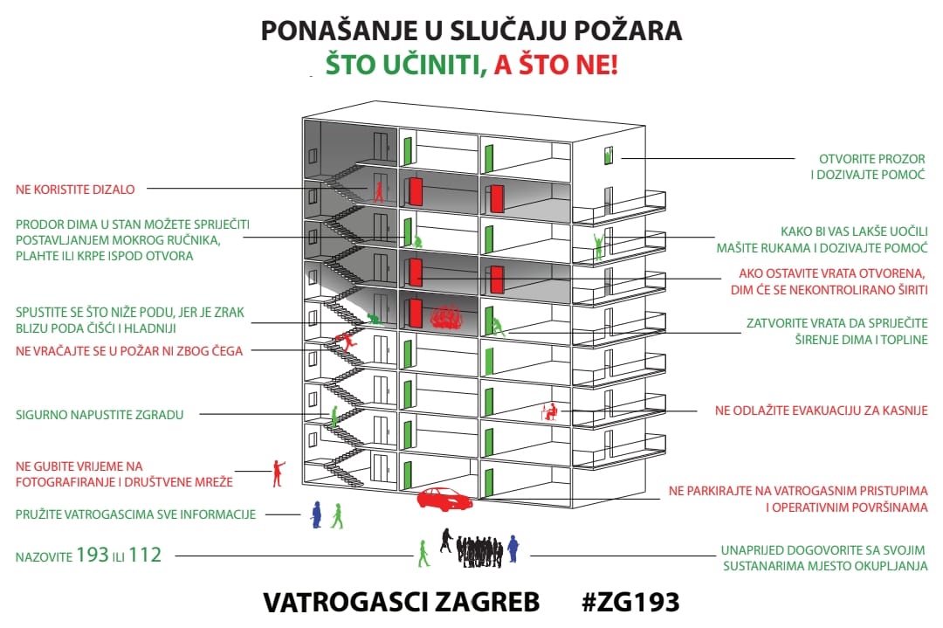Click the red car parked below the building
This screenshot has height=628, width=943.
444,499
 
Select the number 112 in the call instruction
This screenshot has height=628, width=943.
145,554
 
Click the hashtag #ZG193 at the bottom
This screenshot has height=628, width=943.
630,602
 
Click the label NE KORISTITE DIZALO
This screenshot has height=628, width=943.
81,188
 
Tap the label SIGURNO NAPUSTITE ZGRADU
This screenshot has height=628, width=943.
100,415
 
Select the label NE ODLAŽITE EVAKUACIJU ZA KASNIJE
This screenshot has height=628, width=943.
821,410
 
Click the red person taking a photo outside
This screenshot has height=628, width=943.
279,473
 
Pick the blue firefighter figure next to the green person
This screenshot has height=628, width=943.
316,514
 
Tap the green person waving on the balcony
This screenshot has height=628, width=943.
598,245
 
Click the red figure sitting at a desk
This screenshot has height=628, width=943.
552,411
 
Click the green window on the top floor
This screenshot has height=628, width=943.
609,155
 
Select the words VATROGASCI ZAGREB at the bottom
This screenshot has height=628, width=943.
401,602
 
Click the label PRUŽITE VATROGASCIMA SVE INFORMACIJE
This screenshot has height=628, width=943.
135,514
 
